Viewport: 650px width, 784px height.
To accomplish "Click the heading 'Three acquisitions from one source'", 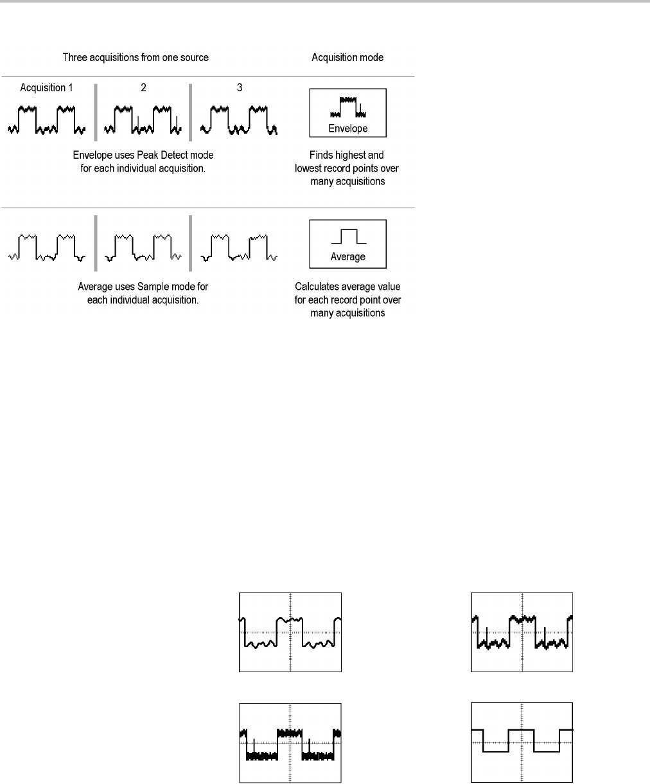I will tap(136, 57).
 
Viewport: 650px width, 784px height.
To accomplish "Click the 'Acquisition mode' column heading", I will tap(347, 57).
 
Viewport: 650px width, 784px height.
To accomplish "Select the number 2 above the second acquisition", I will tap(143, 87).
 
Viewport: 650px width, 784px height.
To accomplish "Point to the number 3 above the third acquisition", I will tap(240, 87).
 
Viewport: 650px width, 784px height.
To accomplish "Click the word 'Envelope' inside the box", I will tap(347, 129).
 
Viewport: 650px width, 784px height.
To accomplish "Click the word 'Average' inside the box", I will tap(347, 256).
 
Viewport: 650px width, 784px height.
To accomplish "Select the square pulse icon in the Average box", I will tap(347, 236).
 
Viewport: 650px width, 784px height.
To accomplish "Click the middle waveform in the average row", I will tap(143, 247).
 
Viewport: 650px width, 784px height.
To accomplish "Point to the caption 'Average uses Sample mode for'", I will tap(143, 287).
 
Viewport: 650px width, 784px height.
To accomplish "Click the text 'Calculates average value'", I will tap(347, 287).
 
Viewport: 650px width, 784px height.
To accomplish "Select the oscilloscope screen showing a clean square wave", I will tap(522, 742).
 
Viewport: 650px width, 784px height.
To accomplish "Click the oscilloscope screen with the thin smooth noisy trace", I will tap(290, 632).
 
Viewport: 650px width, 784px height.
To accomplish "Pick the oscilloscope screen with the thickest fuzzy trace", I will tap(290, 742).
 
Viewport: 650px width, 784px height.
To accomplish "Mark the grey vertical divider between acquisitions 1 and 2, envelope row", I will tap(96, 112).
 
